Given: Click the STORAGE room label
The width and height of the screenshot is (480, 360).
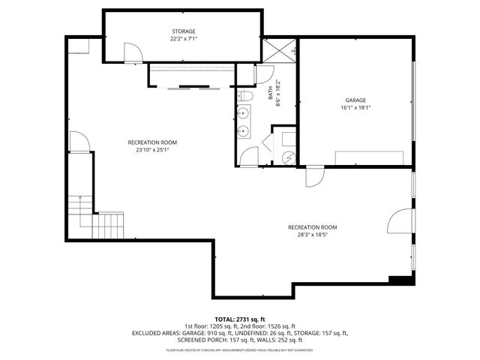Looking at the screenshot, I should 183,31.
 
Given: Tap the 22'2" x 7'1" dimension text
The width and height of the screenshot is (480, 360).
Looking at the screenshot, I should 183,39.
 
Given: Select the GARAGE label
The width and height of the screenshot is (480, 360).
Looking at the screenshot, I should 355,100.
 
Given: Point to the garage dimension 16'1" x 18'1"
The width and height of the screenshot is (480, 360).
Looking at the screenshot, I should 355,107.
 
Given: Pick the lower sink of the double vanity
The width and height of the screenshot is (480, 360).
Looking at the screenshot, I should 244,131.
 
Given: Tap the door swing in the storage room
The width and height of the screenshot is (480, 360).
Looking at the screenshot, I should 132,52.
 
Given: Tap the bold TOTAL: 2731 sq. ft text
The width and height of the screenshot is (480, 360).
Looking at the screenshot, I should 240,319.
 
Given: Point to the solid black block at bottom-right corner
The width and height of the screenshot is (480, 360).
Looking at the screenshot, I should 401,280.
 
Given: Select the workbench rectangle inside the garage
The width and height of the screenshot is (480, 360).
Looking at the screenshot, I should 372,156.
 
